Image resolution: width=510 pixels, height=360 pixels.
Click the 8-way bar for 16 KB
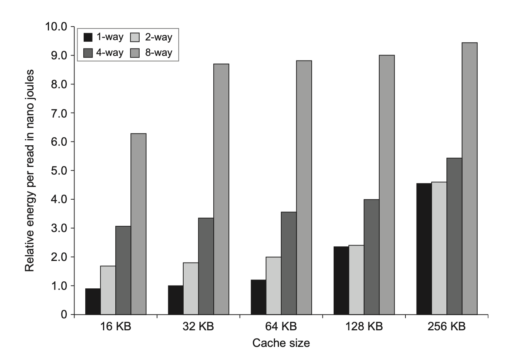pyautogui.click(x=138, y=224)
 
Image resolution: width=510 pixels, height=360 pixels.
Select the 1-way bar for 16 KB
pyautogui.click(x=93, y=301)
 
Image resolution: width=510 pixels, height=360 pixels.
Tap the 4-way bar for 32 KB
pyautogui.click(x=206, y=266)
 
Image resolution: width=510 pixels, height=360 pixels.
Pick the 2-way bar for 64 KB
pyautogui.click(x=274, y=286)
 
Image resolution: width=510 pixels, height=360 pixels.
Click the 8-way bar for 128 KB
pyautogui.click(x=387, y=185)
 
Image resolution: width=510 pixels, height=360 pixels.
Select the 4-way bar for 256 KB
pyautogui.click(x=454, y=236)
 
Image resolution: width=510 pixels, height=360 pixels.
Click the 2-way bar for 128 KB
pyautogui.click(x=356, y=280)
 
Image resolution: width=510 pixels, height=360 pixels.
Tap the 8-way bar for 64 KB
pyautogui.click(x=304, y=188)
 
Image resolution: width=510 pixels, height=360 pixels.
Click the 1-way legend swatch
pyautogui.click(x=88, y=37)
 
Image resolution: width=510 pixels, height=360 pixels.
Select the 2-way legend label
pyautogui.click(x=159, y=37)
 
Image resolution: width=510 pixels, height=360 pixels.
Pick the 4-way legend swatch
pyautogui.click(x=88, y=52)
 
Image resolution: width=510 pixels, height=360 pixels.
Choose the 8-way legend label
pyautogui.click(x=159, y=52)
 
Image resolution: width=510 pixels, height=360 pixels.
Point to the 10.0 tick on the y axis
pyautogui.click(x=56, y=27)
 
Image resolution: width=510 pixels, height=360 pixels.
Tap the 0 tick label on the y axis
pyautogui.click(x=64, y=315)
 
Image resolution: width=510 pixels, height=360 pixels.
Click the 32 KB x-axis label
pyautogui.click(x=198, y=327)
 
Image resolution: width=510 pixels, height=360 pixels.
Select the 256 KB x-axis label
pyautogui.click(x=446, y=327)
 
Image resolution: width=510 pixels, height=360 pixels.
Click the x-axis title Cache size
pyautogui.click(x=281, y=343)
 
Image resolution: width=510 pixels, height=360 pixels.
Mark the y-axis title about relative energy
pyautogui.click(x=30, y=170)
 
